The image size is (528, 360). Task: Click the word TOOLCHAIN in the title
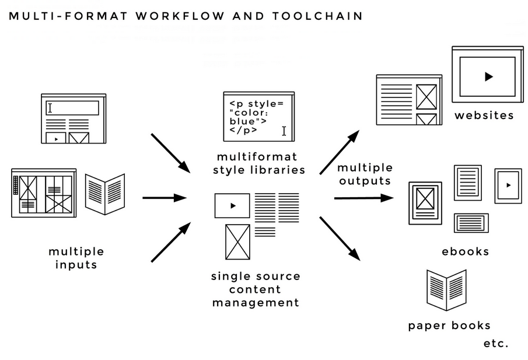coord(317,16)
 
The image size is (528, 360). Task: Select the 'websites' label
coord(484,115)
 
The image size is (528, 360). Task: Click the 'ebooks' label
coord(465,251)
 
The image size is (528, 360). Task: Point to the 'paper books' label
coord(449,326)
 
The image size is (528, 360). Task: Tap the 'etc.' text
coord(496,343)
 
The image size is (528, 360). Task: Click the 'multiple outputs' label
coord(365,174)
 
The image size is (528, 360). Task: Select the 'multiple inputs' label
coord(76,258)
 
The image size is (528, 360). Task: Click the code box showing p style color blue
coord(258,117)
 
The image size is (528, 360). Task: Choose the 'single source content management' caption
coord(256,289)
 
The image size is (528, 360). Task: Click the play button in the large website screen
coord(488,76)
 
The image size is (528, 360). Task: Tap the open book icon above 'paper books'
coord(446,289)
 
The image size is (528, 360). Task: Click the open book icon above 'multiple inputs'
coord(105,194)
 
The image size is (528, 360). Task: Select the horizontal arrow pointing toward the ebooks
coord(363,198)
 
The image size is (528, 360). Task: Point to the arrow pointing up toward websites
coord(339,152)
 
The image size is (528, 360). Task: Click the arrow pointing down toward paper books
coord(340,237)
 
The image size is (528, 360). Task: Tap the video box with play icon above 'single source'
coord(232,205)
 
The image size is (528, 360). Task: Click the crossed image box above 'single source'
coord(237,242)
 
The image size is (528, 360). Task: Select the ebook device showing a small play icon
coord(508,186)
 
